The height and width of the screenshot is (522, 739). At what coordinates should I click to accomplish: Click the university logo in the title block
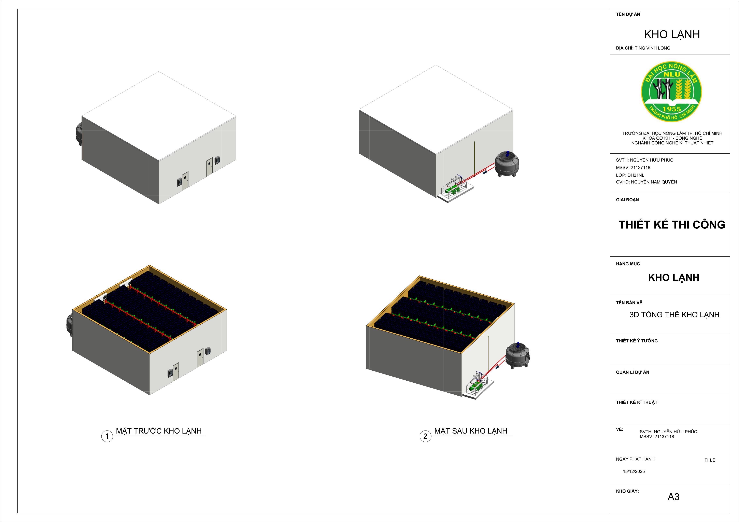(x=671, y=92)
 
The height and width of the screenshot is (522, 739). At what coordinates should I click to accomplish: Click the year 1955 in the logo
(x=671, y=109)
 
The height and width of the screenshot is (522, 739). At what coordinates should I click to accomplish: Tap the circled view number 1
(x=107, y=436)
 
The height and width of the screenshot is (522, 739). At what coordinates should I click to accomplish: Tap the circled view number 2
(x=425, y=436)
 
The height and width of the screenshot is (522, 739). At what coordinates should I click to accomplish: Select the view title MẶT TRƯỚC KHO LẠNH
(x=159, y=431)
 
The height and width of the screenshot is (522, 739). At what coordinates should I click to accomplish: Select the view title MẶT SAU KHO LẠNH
(x=471, y=431)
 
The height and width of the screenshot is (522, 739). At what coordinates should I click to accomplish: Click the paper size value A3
(x=673, y=497)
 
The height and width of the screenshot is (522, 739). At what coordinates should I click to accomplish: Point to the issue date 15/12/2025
(x=634, y=471)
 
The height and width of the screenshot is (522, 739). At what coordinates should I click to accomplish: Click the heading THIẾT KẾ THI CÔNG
(x=672, y=225)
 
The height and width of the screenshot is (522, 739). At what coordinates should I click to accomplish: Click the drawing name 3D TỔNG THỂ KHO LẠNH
(x=674, y=314)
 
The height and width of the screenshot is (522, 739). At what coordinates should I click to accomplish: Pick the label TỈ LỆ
(x=710, y=460)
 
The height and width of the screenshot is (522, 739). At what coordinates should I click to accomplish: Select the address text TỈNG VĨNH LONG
(x=652, y=48)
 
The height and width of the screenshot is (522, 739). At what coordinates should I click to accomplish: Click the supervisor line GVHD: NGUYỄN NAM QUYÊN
(x=646, y=182)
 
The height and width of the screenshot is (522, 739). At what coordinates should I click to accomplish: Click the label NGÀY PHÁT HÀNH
(x=635, y=459)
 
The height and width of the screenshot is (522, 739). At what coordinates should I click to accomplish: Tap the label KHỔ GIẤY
(x=627, y=491)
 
